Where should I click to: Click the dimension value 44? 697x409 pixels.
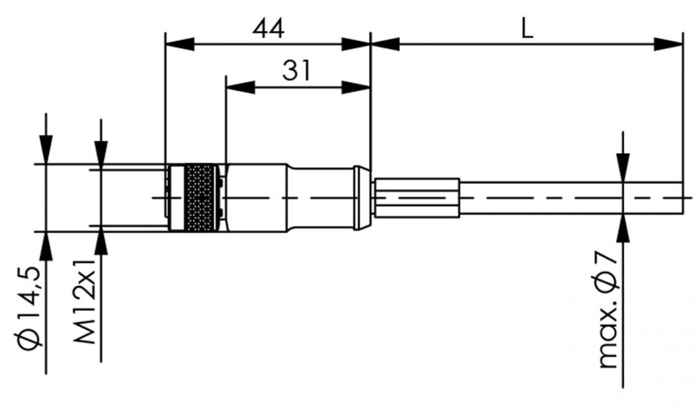[268, 28]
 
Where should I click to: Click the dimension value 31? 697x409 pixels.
[297, 71]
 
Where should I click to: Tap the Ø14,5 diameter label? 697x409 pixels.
[28, 308]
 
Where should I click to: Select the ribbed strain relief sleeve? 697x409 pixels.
[417, 198]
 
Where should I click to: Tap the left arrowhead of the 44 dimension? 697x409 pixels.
[179, 44]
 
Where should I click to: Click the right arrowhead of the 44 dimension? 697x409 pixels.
[356, 44]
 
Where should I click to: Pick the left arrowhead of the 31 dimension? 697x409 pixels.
[240, 88]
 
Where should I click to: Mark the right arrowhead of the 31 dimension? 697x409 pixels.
[356, 88]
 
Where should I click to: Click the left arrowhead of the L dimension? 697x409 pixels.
[385, 44]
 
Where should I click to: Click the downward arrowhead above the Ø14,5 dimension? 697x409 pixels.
[46, 150]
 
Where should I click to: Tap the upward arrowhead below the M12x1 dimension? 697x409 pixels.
[102, 242]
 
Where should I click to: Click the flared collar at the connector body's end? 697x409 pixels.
[362, 198]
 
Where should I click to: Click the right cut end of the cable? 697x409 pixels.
[681, 198]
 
